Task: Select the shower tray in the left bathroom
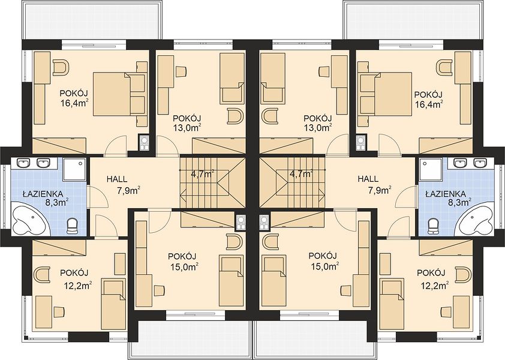75,169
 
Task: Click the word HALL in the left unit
117,179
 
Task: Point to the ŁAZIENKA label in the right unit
446,194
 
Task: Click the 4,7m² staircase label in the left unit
203,175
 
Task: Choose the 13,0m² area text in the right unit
318,128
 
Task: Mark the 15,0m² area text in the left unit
184,267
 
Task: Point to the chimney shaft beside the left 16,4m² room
143,142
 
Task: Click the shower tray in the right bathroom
431,169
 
